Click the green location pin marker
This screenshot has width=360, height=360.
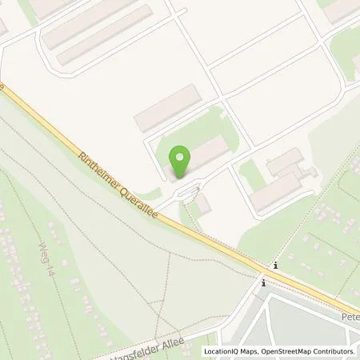(x=181, y=162)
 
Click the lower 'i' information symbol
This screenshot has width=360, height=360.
(x=263, y=282)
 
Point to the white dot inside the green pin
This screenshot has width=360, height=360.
(x=181, y=157)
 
